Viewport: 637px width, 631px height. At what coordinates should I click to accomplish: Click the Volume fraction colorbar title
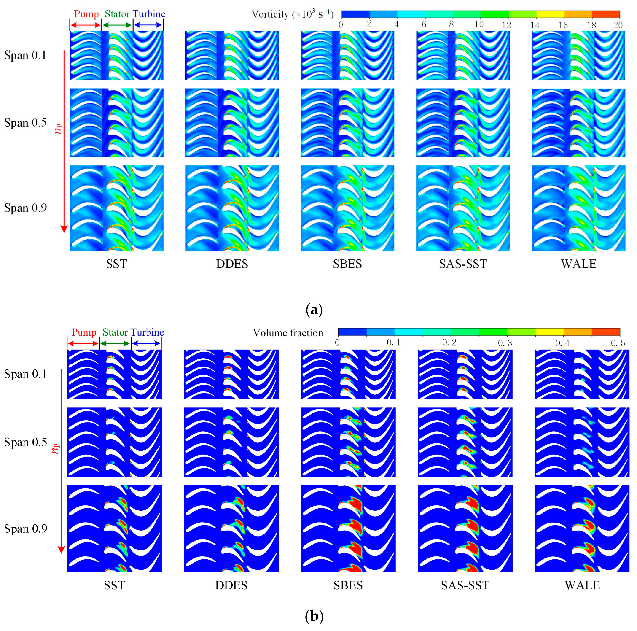click(x=288, y=333)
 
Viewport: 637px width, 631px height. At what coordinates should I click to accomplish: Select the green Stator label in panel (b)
click(x=115, y=332)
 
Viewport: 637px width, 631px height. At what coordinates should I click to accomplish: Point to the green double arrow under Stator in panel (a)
click(x=117, y=25)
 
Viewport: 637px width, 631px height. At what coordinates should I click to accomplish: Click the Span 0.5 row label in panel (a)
click(x=25, y=123)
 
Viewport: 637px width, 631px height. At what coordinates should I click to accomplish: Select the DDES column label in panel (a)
click(x=232, y=264)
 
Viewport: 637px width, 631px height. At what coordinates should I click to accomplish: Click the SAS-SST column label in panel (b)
click(x=465, y=585)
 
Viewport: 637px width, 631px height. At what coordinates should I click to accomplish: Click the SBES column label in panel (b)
click(x=348, y=585)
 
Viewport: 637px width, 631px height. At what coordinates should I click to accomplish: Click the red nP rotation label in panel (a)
click(x=58, y=129)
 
